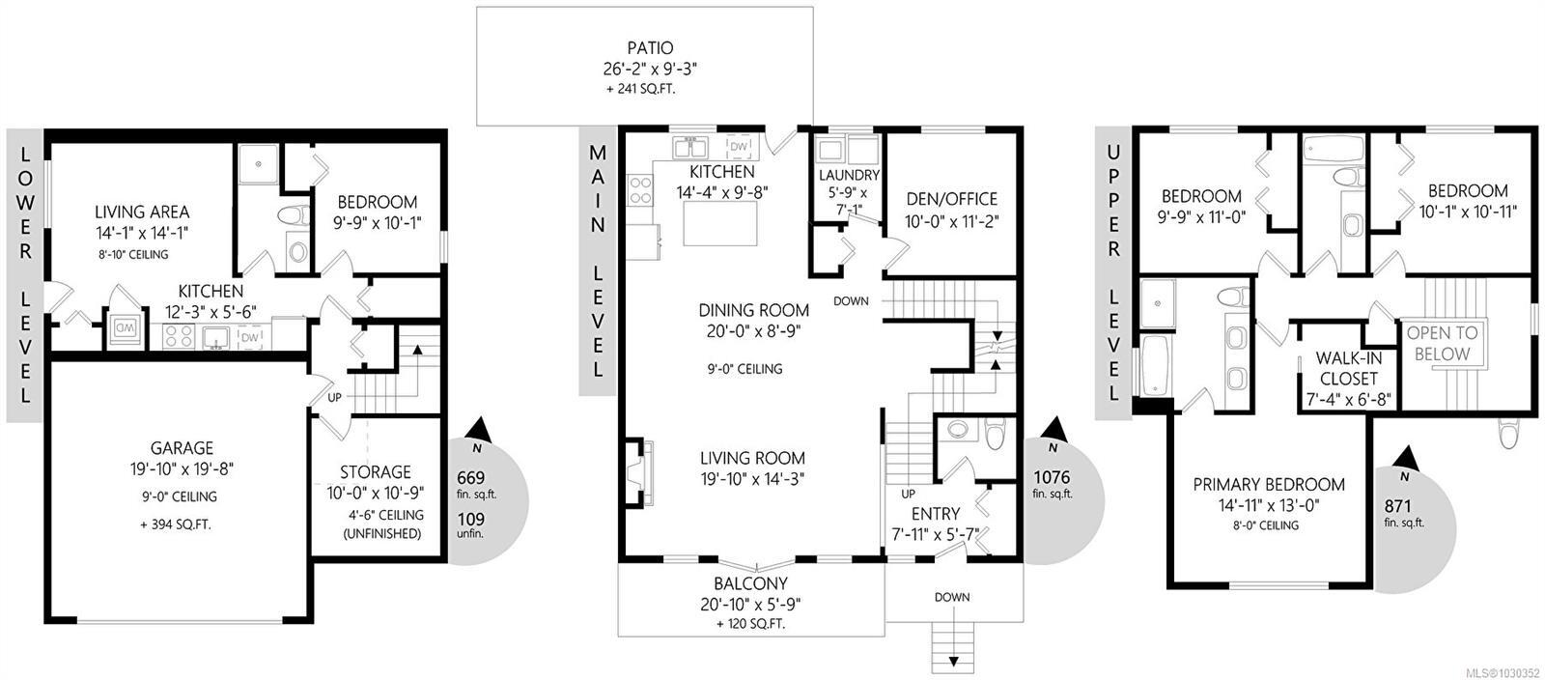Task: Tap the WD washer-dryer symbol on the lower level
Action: coord(125,328)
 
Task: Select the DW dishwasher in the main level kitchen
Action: coord(739,146)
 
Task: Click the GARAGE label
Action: coord(182,448)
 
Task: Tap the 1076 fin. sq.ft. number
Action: coord(1052,476)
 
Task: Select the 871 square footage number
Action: coord(1396,505)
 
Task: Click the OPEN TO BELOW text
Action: coord(1443,343)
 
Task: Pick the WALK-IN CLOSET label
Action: coord(1348,368)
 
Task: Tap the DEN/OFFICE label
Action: coord(951,199)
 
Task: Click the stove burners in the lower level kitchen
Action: coord(179,336)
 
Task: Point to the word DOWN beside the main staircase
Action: coord(851,301)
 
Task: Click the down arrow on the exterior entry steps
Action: coord(954,661)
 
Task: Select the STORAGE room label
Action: coord(375,472)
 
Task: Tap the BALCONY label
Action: coord(750,584)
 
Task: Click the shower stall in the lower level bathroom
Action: coord(259,163)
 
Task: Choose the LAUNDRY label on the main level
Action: coord(849,176)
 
